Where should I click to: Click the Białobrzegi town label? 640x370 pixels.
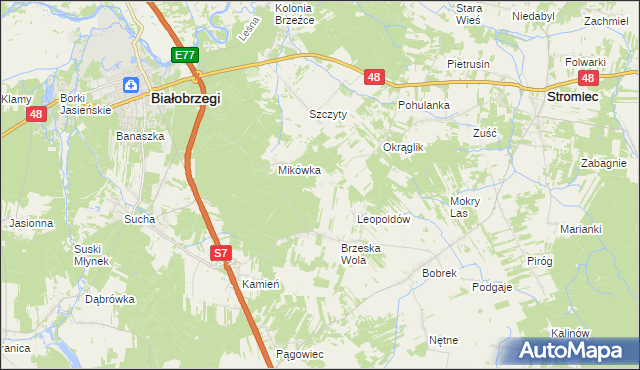[185, 99]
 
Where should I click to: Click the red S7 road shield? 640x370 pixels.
[221, 255]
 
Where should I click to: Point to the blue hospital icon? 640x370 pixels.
[131, 85]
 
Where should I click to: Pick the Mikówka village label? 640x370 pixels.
[299, 170]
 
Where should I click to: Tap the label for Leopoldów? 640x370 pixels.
[385, 218]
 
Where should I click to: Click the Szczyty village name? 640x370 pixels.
[327, 114]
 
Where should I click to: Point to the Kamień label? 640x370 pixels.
[260, 284]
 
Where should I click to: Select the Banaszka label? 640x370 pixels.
[139, 135]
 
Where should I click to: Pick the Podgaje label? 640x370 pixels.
[492, 287]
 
